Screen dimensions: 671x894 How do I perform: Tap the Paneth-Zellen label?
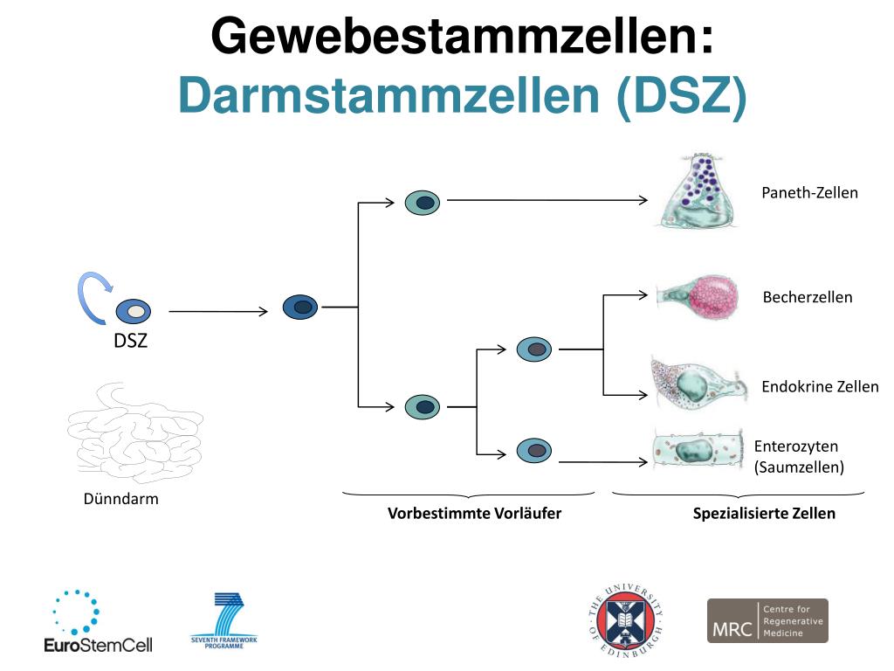pyautogui.click(x=809, y=193)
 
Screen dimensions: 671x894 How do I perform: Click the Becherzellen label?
pyautogui.click(x=808, y=297)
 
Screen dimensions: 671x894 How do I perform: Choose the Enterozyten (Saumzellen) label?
pyautogui.click(x=799, y=457)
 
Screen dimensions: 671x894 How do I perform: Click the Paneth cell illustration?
pyautogui.click(x=694, y=193)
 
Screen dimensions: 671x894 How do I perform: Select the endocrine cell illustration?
pyautogui.click(x=698, y=384)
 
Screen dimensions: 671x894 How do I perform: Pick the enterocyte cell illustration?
pyautogui.click(x=698, y=451)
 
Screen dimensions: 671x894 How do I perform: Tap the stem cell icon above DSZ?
pyautogui.click(x=133, y=310)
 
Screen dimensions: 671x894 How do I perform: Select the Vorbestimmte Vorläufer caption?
pyautogui.click(x=474, y=513)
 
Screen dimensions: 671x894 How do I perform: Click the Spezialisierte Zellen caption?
pyautogui.click(x=764, y=513)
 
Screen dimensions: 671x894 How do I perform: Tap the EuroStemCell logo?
pyautogui.click(x=98, y=622)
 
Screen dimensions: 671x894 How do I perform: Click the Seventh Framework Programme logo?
pyautogui.click(x=224, y=621)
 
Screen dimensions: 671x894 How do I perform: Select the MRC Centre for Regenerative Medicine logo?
pyautogui.click(x=767, y=620)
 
